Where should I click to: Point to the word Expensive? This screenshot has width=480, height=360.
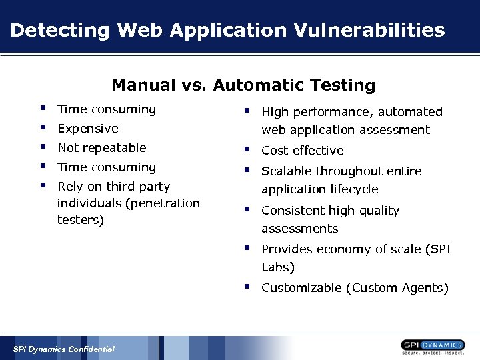click(88, 129)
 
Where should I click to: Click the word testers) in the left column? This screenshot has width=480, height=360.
click(81, 220)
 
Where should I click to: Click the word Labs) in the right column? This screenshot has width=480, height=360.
click(278, 267)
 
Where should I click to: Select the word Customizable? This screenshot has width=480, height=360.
click(301, 288)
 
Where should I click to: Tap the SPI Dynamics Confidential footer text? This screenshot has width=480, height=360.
click(64, 349)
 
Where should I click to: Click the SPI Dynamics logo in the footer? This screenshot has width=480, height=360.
click(433, 347)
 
